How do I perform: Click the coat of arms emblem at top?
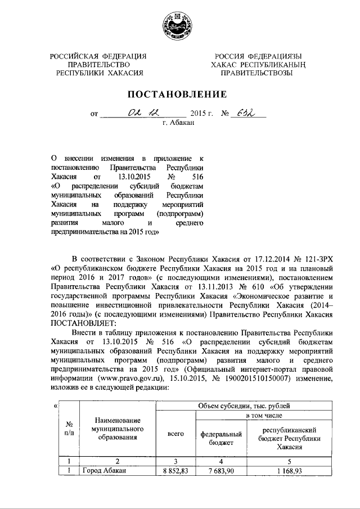pos(179,25)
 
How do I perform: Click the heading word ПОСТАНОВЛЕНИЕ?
pos(179,93)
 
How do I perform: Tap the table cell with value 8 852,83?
pos(175,471)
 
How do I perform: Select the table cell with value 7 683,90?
pos(221,471)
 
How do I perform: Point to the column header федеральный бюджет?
pos(221,438)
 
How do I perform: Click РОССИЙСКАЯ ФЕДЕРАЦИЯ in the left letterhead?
pos(98,55)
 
